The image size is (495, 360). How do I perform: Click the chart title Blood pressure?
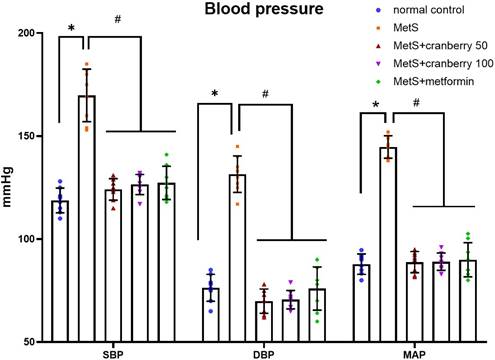tap(250, 12)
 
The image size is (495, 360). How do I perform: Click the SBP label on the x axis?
tap(113, 353)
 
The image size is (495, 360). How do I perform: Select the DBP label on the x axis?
tap(263, 353)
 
